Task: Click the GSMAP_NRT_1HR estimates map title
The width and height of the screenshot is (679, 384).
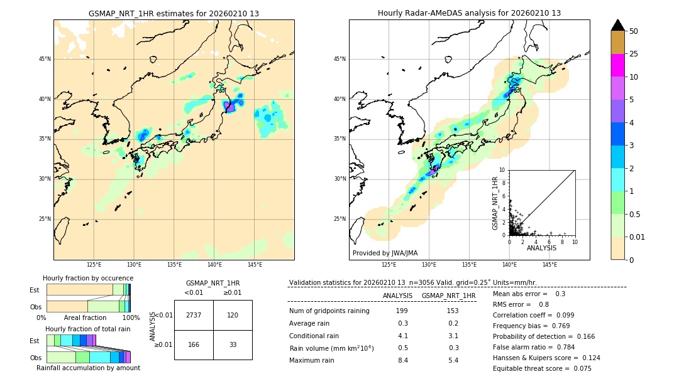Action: point(174,13)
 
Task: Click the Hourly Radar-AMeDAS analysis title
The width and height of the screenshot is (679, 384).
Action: point(469,13)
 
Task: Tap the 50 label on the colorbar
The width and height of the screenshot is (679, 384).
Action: point(634,31)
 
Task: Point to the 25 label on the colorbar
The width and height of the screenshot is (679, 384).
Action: point(634,54)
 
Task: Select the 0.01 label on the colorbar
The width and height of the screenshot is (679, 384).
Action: point(638,237)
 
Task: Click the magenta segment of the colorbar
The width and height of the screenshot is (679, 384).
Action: point(617,65)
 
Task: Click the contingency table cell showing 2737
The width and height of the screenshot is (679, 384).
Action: point(194,316)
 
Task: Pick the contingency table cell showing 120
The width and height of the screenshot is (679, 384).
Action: point(233,316)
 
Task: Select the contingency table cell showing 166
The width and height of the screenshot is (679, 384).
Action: point(194,344)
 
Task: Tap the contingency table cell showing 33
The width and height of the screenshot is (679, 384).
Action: point(233,344)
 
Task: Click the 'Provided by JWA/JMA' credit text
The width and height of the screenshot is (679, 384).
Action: point(385,253)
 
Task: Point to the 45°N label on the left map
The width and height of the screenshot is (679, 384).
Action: point(45,59)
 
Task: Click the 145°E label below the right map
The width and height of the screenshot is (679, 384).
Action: point(549,265)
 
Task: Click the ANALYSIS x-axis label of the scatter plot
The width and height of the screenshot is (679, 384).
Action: point(541,248)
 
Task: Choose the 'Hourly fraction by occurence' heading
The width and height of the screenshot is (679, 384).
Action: point(88,278)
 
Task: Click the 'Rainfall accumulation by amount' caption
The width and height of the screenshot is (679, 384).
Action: point(88,368)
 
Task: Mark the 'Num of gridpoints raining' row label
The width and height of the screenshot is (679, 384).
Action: point(329,311)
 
